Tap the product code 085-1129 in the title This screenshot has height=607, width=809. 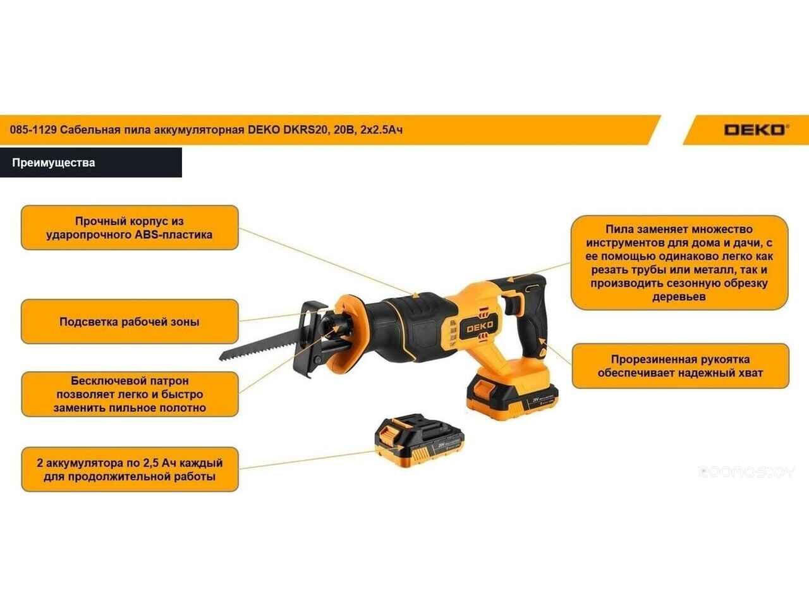(33, 130)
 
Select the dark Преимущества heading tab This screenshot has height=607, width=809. (90, 162)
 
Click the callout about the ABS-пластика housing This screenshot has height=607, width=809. (130, 228)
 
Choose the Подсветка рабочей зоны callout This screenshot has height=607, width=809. (130, 322)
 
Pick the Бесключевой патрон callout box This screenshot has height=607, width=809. (130, 395)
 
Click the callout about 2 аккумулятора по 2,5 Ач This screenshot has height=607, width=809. (130, 470)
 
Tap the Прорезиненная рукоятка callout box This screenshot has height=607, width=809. (680, 366)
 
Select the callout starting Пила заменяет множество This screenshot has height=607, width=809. (679, 263)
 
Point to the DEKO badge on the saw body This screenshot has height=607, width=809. (480, 326)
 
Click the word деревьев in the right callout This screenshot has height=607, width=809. (679, 297)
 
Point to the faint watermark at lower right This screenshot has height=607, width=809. (746, 472)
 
